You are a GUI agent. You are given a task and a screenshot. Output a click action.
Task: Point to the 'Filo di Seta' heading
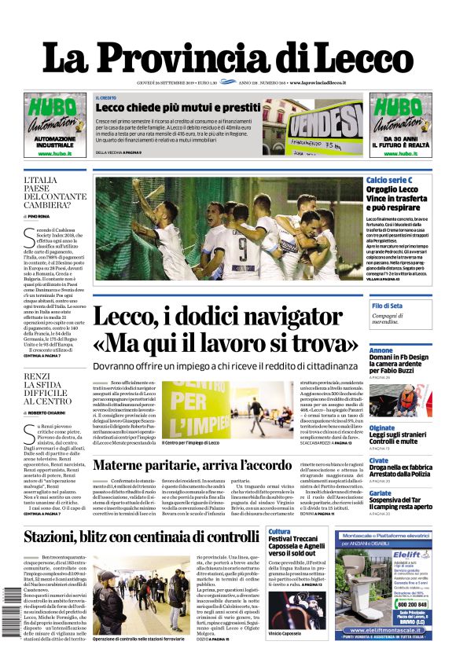point(409,305)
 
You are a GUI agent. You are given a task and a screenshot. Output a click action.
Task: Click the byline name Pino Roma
point(39,215)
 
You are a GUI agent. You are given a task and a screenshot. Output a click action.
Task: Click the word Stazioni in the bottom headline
point(59,537)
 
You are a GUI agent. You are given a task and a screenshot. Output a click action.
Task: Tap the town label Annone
point(403,350)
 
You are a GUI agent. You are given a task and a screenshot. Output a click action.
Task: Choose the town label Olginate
point(404,406)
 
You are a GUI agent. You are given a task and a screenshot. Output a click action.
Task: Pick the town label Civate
point(401,460)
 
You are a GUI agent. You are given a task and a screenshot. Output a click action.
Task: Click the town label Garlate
point(403,493)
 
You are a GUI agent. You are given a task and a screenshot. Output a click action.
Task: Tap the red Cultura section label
point(279,532)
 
